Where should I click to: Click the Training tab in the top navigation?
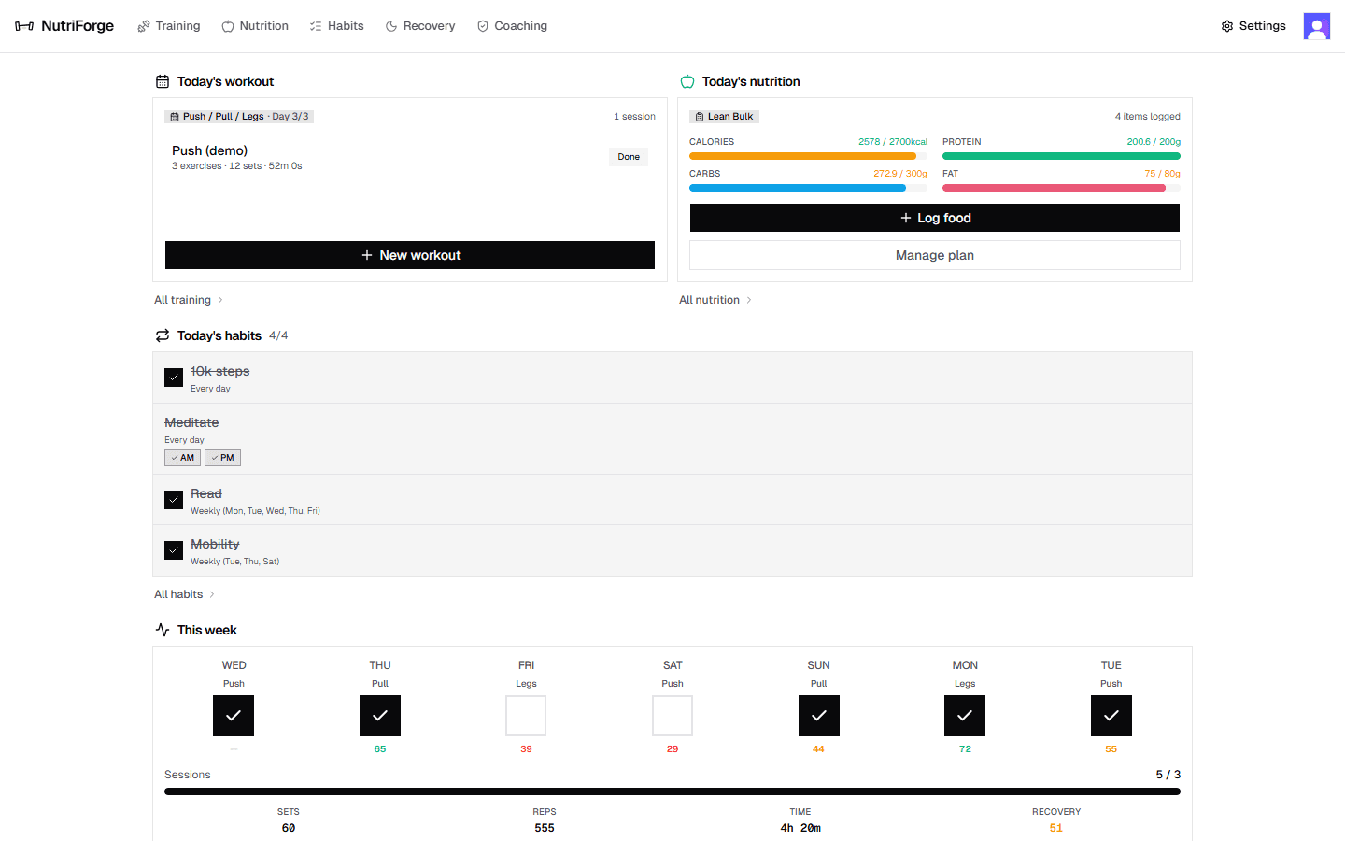tap(169, 26)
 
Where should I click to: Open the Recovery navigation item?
tap(420, 26)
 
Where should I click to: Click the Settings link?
tap(1253, 26)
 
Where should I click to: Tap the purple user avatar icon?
tap(1316, 26)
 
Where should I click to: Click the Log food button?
tap(934, 218)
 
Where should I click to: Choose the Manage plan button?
tap(934, 255)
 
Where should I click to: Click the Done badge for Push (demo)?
tap(629, 157)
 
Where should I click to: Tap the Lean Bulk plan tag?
tap(724, 117)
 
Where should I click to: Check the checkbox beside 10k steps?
tap(174, 378)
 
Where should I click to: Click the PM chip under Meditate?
tap(222, 458)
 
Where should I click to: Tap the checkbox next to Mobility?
tap(174, 550)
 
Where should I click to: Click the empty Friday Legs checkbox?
tap(526, 716)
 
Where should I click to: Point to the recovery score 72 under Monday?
tap(965, 749)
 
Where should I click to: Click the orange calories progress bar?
tap(802, 156)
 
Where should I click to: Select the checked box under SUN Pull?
tap(818, 716)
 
